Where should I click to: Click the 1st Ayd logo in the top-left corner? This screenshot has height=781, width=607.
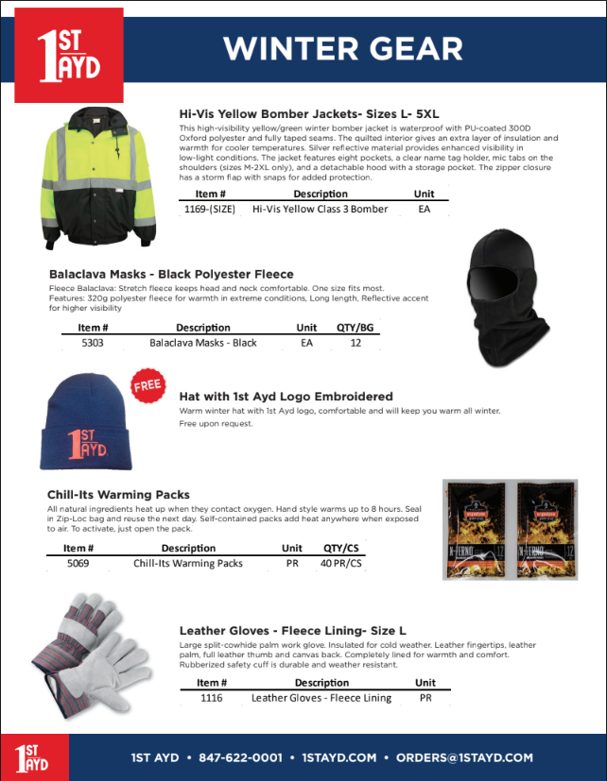(69, 54)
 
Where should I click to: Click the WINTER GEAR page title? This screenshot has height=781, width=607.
(342, 48)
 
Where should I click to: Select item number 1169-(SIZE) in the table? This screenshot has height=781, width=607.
(209, 209)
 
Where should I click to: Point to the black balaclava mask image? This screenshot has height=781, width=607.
(507, 301)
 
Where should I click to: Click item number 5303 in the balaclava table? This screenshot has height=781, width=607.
(93, 343)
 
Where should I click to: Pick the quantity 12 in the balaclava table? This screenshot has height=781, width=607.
(356, 343)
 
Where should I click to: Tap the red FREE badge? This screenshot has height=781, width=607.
(147, 386)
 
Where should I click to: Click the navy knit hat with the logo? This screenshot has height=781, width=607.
(83, 424)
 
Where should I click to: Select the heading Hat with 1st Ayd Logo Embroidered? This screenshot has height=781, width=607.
(286, 397)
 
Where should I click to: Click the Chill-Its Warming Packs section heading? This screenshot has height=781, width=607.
(118, 495)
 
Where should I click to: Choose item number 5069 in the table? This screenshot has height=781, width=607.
(78, 563)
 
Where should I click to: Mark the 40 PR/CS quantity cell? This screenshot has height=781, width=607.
(341, 563)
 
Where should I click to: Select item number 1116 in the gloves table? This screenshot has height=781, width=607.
(212, 698)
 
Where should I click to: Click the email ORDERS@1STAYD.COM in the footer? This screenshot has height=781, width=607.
(464, 757)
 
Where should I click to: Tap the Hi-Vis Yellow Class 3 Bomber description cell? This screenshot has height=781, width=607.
(321, 209)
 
